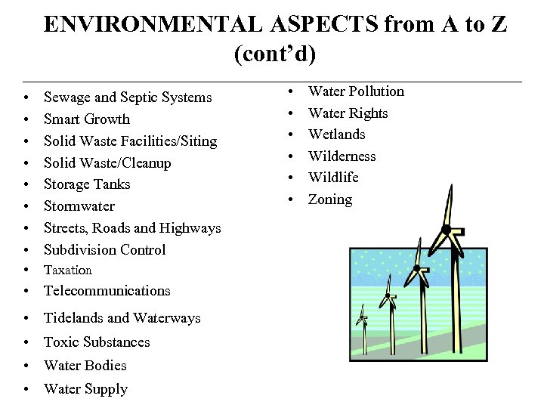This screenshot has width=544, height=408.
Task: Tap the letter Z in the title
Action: click(x=498, y=25)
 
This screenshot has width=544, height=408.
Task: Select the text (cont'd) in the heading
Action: click(x=275, y=55)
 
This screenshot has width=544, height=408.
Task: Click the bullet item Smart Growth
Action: click(x=86, y=119)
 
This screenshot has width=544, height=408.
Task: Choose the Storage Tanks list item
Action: click(x=87, y=184)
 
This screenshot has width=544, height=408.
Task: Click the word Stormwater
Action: click(x=79, y=206)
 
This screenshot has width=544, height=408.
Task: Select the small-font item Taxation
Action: click(x=68, y=270)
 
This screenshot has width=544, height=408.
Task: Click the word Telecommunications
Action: click(x=107, y=291)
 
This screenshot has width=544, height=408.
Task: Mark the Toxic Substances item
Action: click(x=97, y=342)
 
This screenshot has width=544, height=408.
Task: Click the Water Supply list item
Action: click(x=85, y=389)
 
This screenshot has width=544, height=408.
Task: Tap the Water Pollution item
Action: click(x=356, y=91)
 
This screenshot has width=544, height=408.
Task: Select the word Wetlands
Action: click(x=336, y=134)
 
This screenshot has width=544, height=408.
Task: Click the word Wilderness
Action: click(x=342, y=156)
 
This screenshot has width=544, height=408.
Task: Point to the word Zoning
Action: click(x=329, y=199)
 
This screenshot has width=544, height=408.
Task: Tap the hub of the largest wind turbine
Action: click(x=447, y=229)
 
